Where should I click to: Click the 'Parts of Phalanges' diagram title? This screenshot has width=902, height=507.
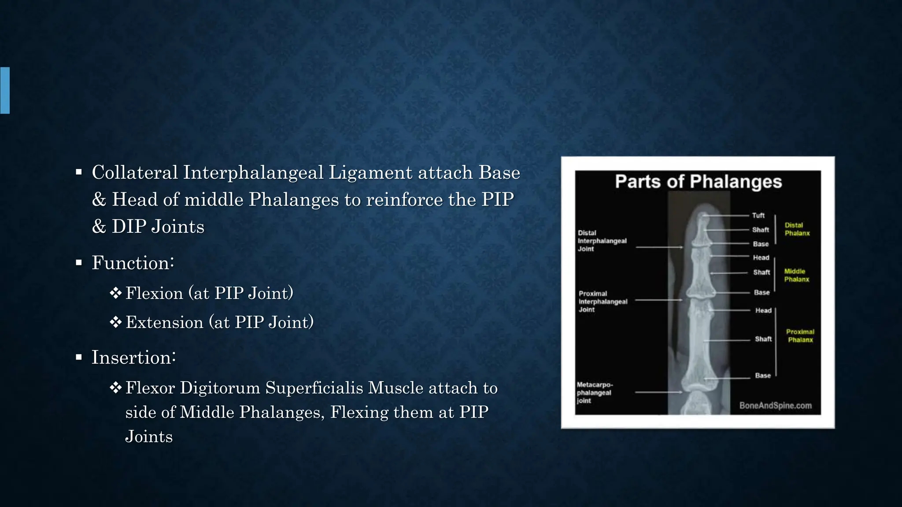coord(698,182)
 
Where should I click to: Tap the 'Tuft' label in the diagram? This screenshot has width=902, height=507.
coord(758,215)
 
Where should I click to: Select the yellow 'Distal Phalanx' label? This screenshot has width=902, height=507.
coord(797,229)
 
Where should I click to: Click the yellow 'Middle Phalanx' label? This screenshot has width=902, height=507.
coord(796,275)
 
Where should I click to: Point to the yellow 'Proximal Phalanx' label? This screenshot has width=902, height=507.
coord(800,335)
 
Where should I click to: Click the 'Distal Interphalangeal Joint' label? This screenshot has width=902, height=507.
coord(602,241)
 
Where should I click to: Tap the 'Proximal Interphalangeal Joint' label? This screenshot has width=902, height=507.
coord(603,301)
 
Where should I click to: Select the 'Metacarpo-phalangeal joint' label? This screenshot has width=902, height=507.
coord(594,393)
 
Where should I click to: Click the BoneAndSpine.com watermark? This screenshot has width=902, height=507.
coord(775,405)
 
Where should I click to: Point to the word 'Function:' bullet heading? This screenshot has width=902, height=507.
coord(133,263)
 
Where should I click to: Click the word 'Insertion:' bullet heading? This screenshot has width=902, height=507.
coord(133,357)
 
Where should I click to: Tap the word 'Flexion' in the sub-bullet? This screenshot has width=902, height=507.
coord(154,293)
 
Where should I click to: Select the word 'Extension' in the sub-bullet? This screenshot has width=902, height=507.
coord(164,322)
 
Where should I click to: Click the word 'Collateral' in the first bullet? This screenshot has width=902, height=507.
coord(135,172)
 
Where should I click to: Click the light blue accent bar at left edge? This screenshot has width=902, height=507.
coord(5,90)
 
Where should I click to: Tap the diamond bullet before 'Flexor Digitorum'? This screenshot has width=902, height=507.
coord(115,388)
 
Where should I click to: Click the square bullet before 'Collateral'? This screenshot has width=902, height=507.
coord(79,172)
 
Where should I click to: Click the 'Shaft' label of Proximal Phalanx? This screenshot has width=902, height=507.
coord(763,339)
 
